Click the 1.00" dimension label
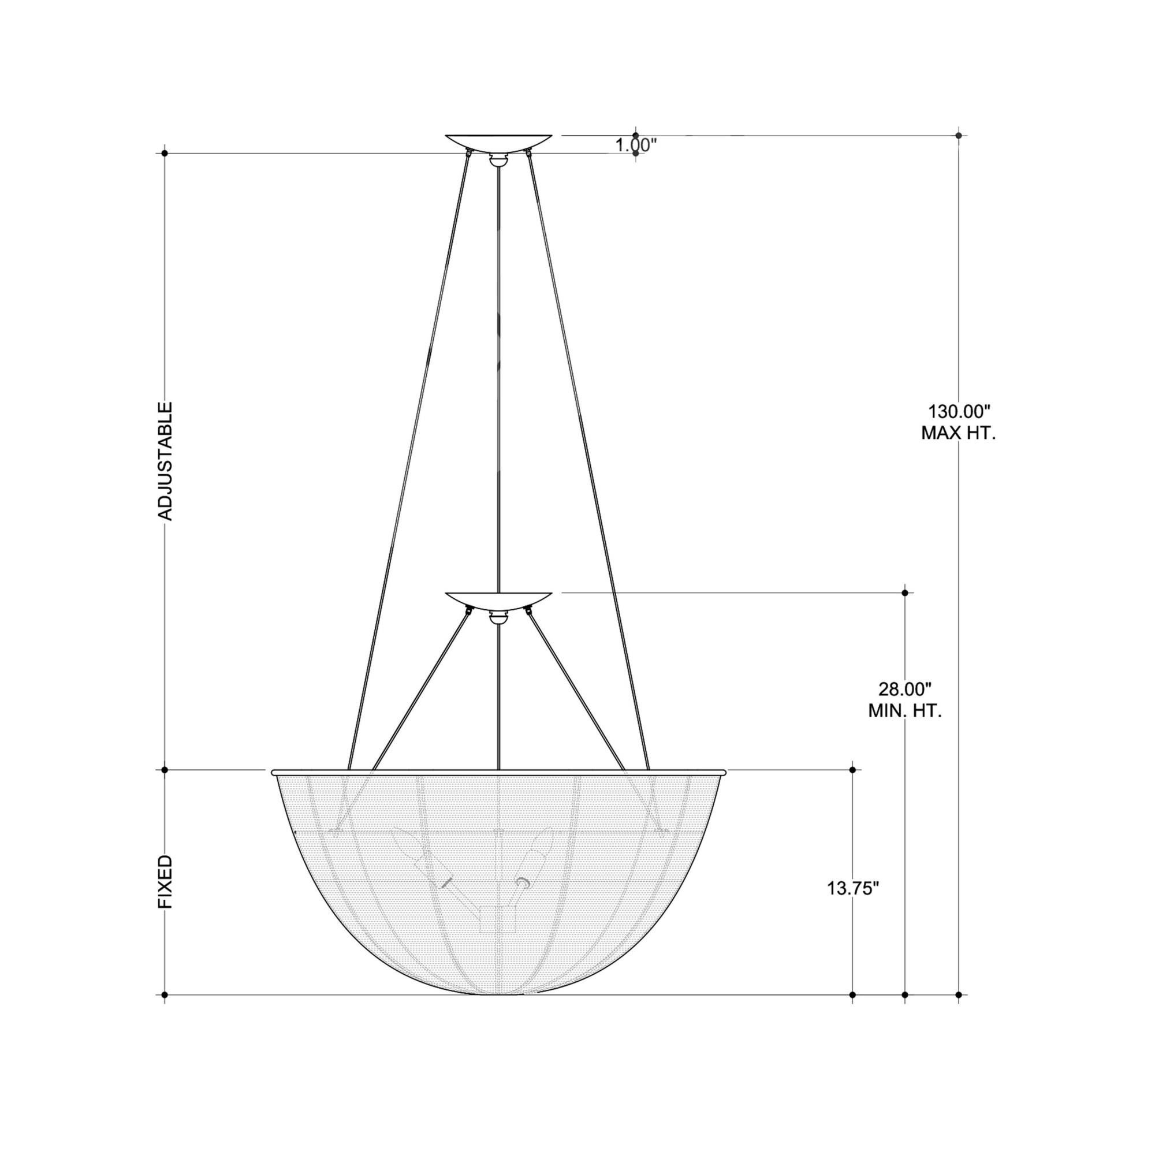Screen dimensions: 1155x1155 pos(636,146)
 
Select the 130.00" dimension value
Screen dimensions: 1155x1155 pos(959,411)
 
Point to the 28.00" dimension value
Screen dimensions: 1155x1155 pos(904,690)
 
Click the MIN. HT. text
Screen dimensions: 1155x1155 pos(904,711)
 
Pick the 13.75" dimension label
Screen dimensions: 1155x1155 pos(853,905)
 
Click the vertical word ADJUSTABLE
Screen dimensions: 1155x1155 pos(165,461)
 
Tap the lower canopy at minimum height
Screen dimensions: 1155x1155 pos(498,601)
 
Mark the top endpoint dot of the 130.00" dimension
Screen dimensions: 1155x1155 pos(959,136)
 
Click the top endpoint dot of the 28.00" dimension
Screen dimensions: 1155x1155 pos(905,593)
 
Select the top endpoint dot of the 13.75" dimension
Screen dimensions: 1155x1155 pos(852,770)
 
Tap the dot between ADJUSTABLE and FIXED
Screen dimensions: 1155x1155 pos(165,770)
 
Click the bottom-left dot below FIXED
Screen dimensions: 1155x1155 pos(165,995)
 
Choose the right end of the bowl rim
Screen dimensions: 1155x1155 pos(724,772)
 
